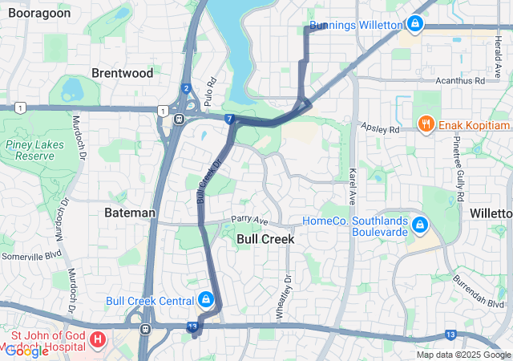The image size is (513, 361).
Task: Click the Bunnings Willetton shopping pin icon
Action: pyautogui.click(x=414, y=25)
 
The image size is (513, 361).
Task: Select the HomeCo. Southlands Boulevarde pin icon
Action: pyautogui.click(x=418, y=227)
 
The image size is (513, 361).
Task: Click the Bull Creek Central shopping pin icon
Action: pyautogui.click(x=206, y=301)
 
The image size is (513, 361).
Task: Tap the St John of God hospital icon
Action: pyautogui.click(x=98, y=340)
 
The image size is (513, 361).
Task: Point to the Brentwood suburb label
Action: pyautogui.click(x=122, y=73)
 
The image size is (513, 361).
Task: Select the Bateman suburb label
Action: pyautogui.click(x=130, y=213)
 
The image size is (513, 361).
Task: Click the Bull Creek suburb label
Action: pyautogui.click(x=265, y=239)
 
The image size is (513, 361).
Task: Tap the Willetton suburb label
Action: pyautogui.click(x=491, y=213)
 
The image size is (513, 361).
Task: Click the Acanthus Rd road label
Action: pyautogui.click(x=459, y=81)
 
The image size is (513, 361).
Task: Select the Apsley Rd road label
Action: pyautogui.click(x=380, y=128)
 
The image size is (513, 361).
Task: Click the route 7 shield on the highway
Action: pyautogui.click(x=229, y=120)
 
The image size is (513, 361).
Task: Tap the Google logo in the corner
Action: pyautogui.click(x=26, y=351)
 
